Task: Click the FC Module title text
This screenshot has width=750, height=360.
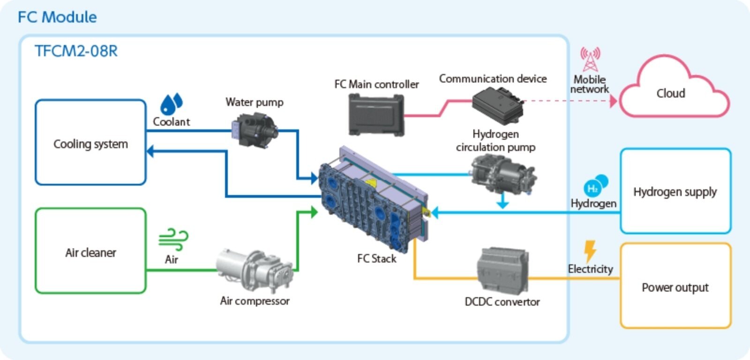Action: (57, 17)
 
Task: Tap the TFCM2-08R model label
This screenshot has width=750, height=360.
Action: (76, 51)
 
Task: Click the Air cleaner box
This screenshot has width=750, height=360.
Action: (90, 252)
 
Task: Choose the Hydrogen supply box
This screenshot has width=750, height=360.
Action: (675, 191)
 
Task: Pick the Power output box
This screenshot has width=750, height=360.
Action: (675, 286)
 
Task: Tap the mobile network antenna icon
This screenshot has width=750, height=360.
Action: (590, 59)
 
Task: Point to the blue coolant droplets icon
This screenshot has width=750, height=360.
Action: (171, 104)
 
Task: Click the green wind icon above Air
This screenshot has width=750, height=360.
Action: (173, 239)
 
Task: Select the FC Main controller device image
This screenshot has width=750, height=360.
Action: (376, 114)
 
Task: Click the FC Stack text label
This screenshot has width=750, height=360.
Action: (376, 258)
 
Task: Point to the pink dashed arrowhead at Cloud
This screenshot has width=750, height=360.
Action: (614, 101)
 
